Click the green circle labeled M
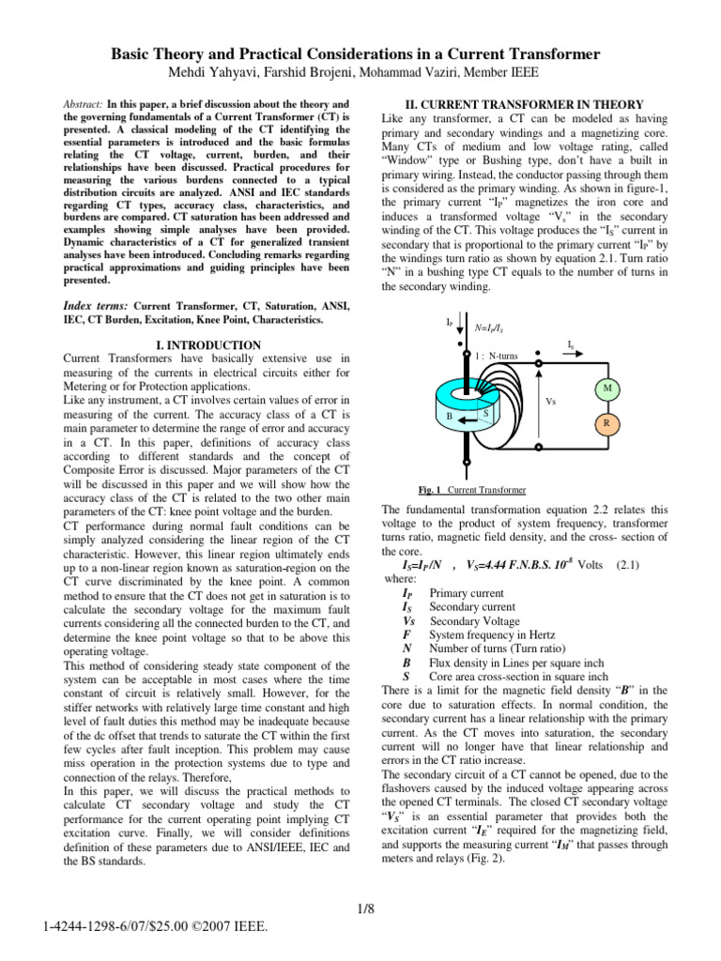(606, 389)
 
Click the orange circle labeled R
(606, 423)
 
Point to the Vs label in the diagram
(551, 400)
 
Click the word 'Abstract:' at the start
(84, 104)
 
